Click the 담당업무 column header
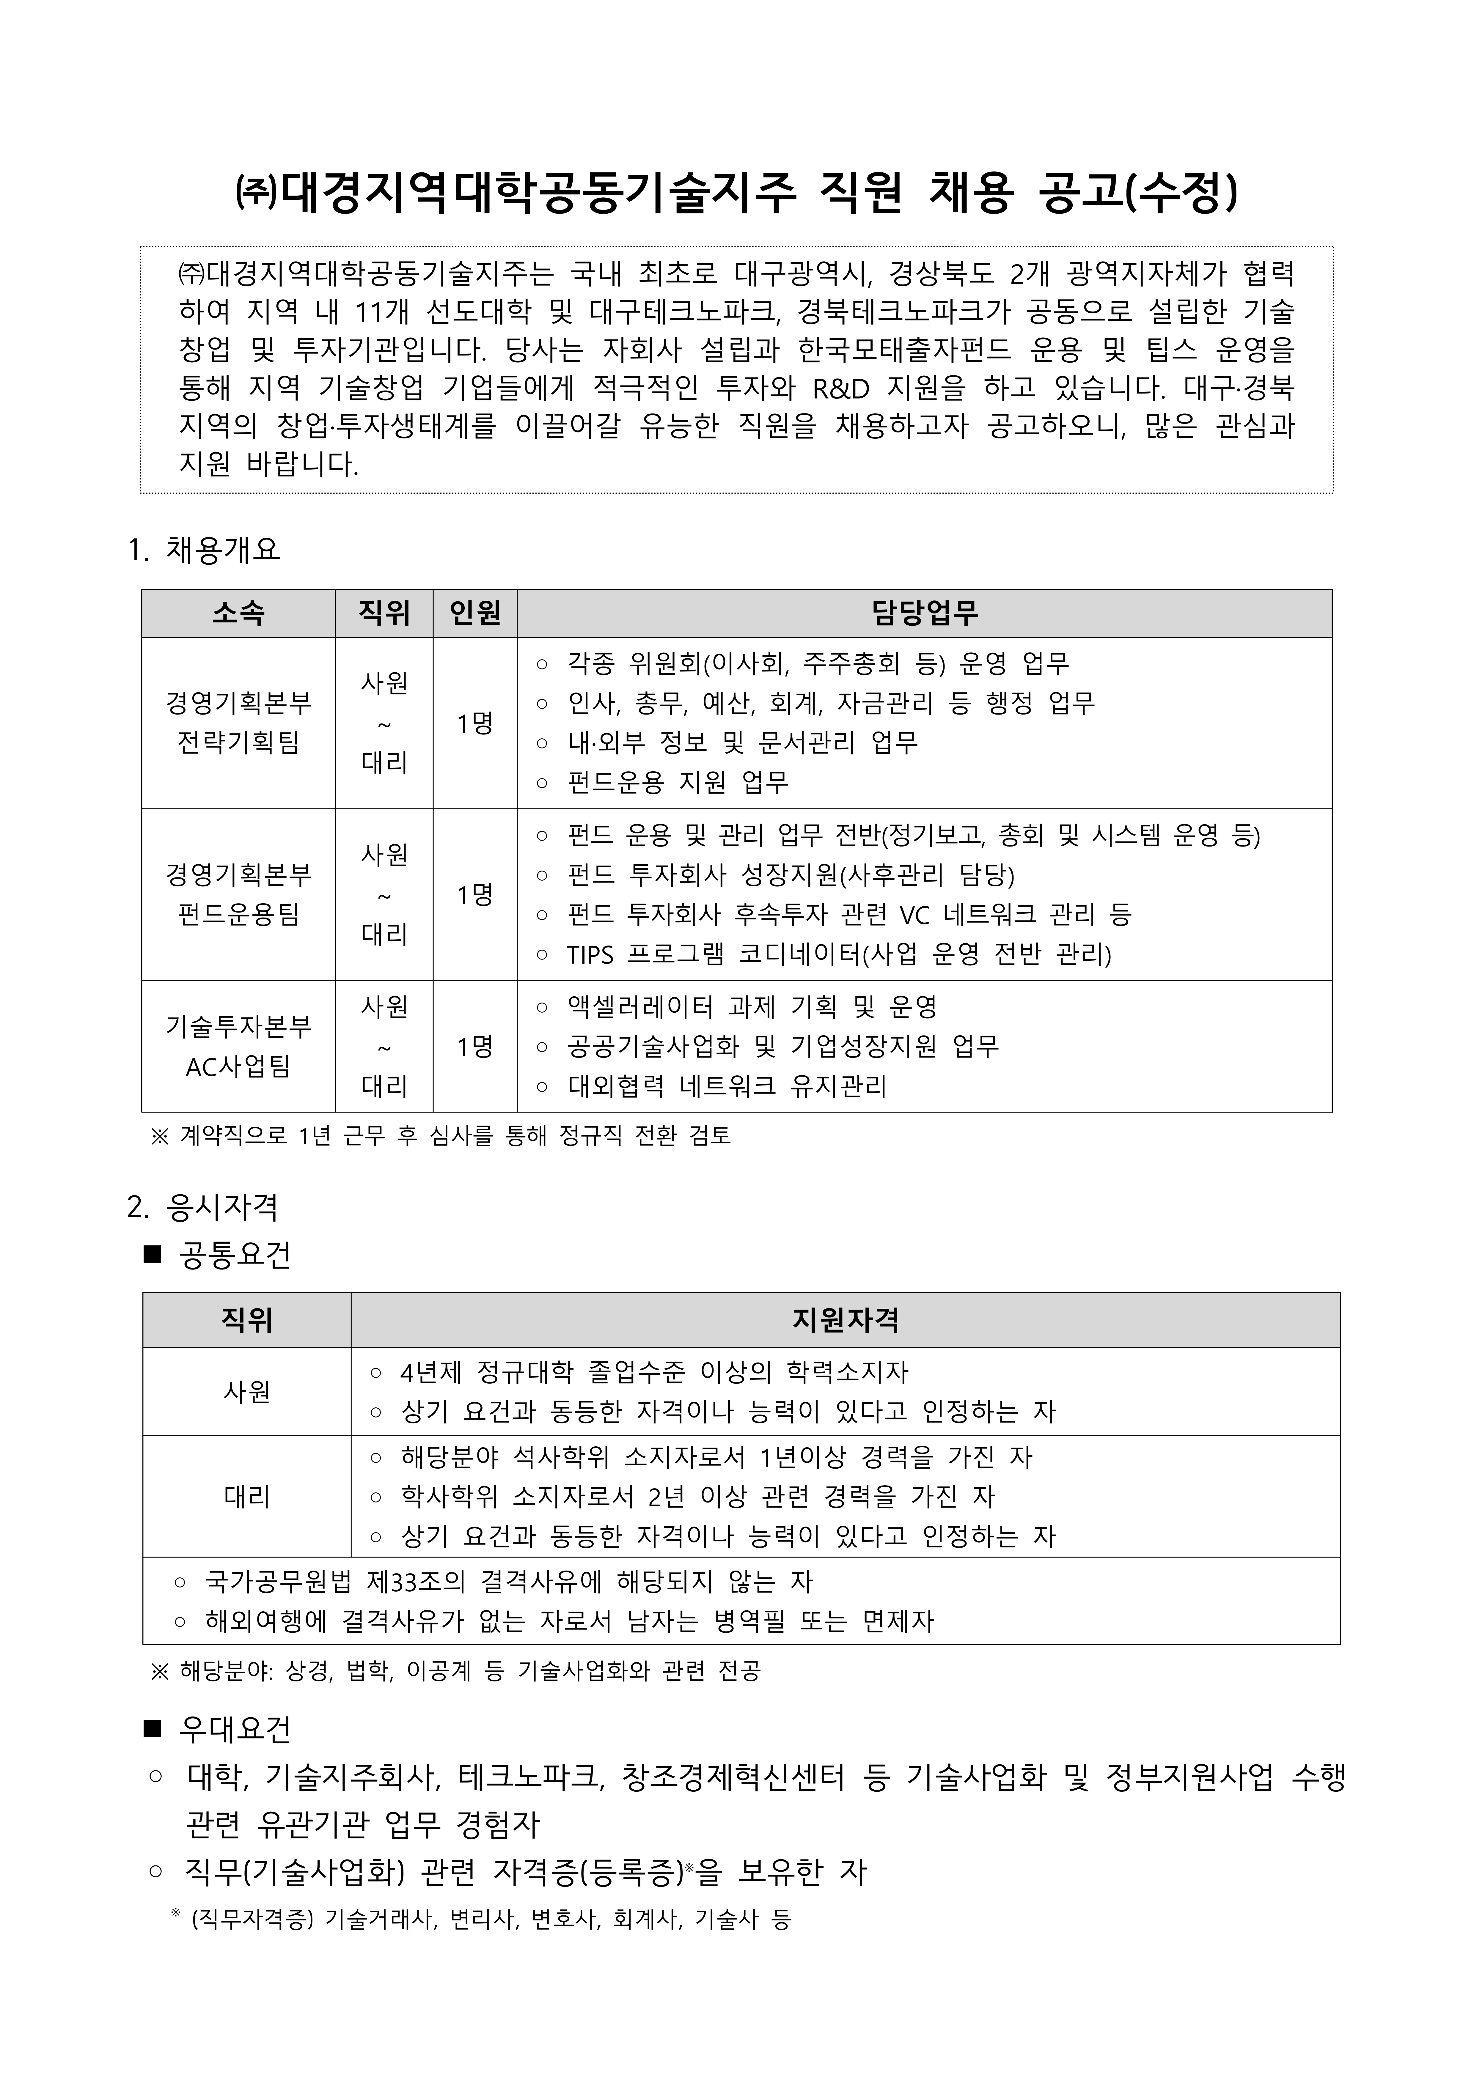pyautogui.click(x=924, y=613)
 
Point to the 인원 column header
pyautogui.click(x=475, y=613)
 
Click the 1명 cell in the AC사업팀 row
pyautogui.click(x=475, y=1047)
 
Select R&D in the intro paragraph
pyautogui.click(x=840, y=388)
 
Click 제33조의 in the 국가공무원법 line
pyautogui.click(x=416, y=1582)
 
